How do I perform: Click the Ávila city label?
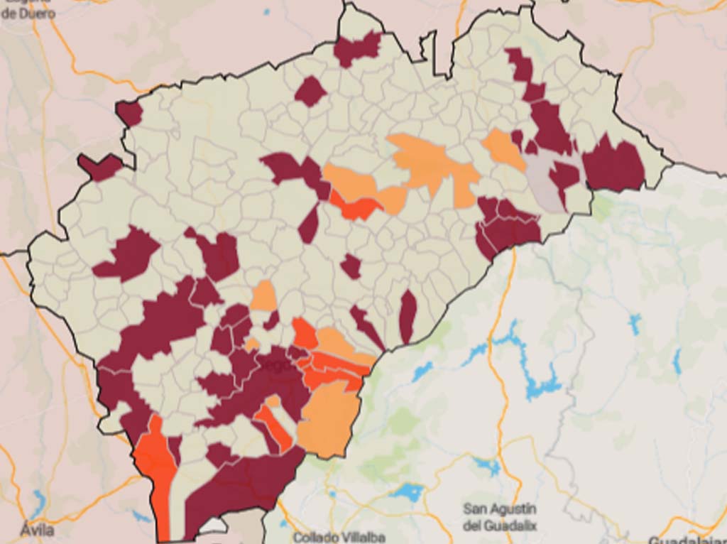pos(37,530)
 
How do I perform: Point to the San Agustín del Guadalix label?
pos(500,517)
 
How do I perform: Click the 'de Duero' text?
pos(28,13)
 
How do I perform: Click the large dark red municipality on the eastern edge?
pos(614,165)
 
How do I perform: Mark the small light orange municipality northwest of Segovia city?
pos(264,296)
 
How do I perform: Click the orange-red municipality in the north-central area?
pos(356,208)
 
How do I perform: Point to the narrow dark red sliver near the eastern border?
pos(408,316)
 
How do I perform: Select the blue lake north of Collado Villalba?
pos(406,491)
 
